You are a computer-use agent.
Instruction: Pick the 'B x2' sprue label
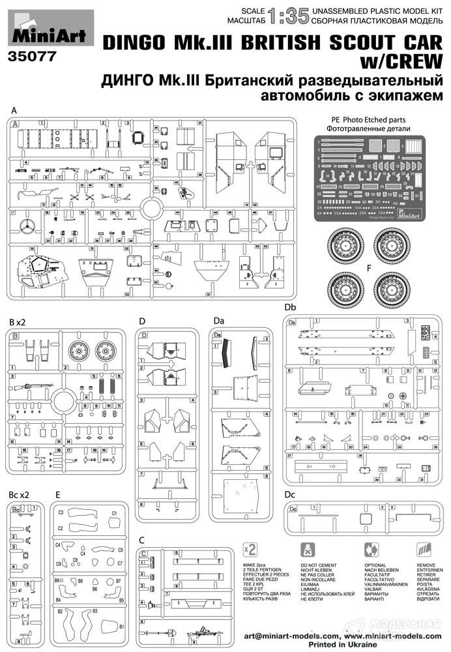pyautogui.click(x=18, y=323)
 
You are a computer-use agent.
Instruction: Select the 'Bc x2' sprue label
pyautogui.click(x=20, y=495)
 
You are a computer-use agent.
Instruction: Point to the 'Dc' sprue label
pyautogui.click(x=290, y=496)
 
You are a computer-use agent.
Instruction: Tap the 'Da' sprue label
pyautogui.click(x=218, y=321)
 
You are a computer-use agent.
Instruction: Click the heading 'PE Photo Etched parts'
pyautogui.click(x=368, y=119)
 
